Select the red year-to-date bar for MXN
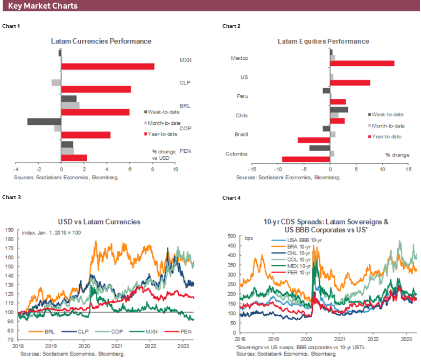pos(108,67)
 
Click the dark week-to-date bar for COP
pos(44,122)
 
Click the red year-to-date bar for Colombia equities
pos(306,159)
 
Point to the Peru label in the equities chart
pos(242,96)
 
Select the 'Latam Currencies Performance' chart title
pos(101,41)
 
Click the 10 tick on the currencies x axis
pos(175,170)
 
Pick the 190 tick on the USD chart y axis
pos(10,230)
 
